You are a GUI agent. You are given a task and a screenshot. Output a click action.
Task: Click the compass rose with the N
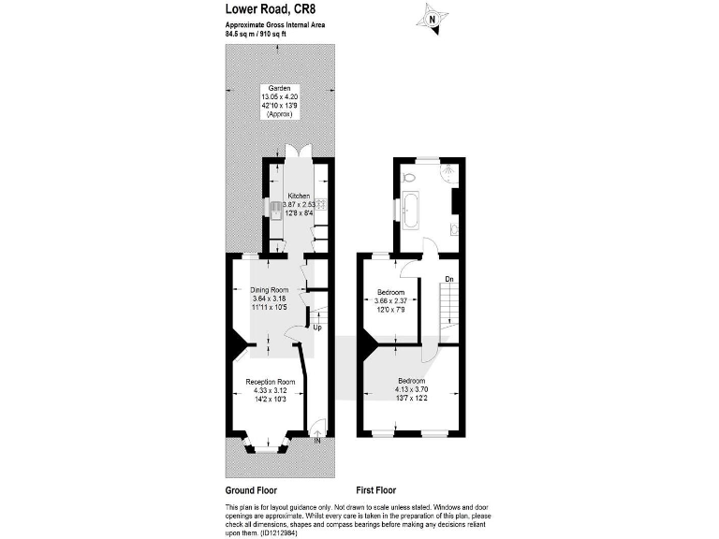point(433,19)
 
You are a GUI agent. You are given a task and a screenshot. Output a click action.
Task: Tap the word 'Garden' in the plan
point(280,88)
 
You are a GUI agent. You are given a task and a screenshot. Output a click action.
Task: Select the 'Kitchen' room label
point(299,196)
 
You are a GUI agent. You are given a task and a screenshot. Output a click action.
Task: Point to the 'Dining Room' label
point(269,289)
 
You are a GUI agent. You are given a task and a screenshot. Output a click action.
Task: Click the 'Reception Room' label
point(271,382)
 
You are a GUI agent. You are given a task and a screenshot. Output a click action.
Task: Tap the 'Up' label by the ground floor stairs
point(317,328)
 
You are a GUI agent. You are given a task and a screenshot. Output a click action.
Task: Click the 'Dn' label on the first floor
point(449,279)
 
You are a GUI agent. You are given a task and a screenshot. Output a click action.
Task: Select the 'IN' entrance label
point(317,440)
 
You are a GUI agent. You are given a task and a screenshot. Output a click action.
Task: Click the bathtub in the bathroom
point(411,211)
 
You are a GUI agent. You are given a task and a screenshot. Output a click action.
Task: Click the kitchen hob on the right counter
point(321,204)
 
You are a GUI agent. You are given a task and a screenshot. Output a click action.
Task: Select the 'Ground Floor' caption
point(251,489)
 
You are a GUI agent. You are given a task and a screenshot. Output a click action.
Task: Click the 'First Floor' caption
point(376,489)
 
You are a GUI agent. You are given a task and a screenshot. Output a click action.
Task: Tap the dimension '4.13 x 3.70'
point(410,389)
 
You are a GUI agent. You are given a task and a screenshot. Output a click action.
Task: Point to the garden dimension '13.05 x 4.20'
point(280,96)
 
